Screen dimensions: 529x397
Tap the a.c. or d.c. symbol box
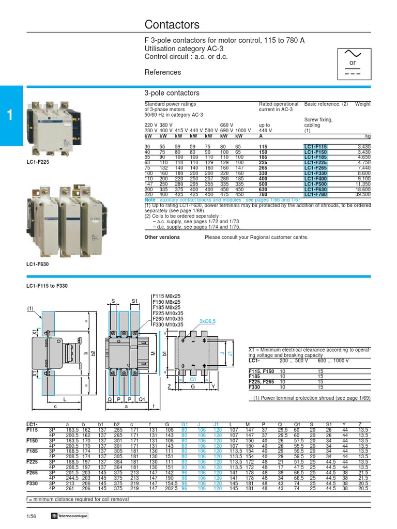pyautogui.click(x=353, y=63)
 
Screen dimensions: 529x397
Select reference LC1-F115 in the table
pyautogui.click(x=315, y=147)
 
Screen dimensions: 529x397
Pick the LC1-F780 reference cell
pyautogui.click(x=315, y=194)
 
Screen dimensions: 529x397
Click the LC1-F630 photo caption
pyautogui.click(x=38, y=264)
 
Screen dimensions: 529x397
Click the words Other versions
pyautogui.click(x=162, y=237)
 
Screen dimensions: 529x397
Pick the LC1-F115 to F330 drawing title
pyautogui.click(x=47, y=285)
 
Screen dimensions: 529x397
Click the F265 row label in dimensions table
pyautogui.click(x=32, y=472)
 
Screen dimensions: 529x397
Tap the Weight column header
pyautogui.click(x=362, y=104)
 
